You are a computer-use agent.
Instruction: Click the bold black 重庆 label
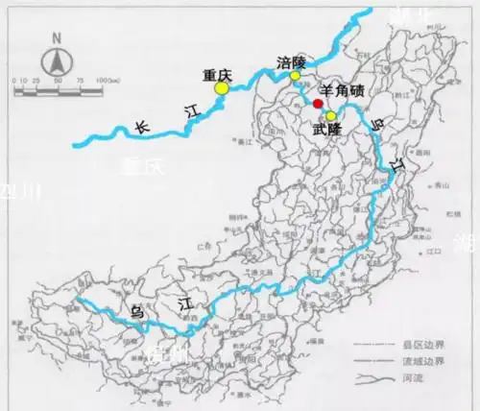218,73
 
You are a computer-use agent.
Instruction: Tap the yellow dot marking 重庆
222,87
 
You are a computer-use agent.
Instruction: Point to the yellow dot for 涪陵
296,75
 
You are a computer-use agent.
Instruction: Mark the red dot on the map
318,102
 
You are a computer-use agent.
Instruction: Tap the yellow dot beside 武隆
330,115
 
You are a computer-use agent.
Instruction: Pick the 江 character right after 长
191,112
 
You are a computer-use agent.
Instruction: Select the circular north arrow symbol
57,62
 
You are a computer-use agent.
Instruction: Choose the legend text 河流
423,378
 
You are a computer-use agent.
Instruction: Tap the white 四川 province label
21,192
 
